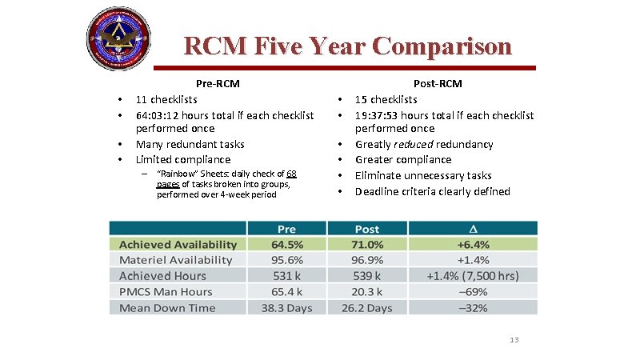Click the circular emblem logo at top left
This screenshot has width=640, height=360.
[118, 39]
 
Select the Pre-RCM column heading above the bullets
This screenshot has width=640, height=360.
[218, 83]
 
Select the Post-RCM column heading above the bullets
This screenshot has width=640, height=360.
[438, 83]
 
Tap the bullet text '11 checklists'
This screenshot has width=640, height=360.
[166, 99]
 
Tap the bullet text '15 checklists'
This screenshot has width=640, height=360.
[386, 99]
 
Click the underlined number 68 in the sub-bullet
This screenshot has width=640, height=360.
[291, 174]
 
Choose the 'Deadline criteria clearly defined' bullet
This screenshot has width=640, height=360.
[432, 191]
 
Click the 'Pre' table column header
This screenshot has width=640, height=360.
[287, 229]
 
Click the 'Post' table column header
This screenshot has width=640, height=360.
[367, 229]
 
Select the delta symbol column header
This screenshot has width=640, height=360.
[474, 229]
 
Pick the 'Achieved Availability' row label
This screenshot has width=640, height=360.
[178, 244]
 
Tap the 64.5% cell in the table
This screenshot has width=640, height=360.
[287, 244]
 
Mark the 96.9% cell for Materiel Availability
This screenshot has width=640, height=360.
[367, 260]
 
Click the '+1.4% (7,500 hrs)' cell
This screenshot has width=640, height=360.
[473, 276]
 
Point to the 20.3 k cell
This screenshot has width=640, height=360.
[367, 292]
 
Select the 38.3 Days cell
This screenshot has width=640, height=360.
[287, 308]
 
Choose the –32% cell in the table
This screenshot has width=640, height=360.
[474, 308]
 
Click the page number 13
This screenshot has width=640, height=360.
[514, 340]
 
